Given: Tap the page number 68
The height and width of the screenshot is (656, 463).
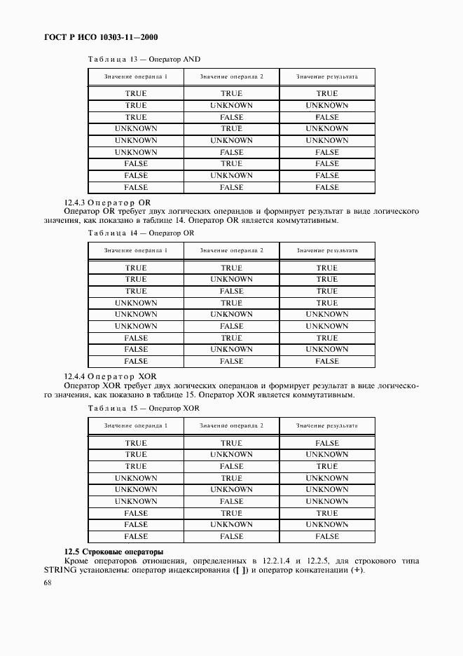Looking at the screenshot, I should (x=48, y=582).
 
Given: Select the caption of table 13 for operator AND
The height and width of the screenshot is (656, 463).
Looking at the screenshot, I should (x=143, y=60).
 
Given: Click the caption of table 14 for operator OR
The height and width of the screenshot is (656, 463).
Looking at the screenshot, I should (x=140, y=233).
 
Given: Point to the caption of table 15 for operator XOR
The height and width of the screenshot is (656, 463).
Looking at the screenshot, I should (x=143, y=408).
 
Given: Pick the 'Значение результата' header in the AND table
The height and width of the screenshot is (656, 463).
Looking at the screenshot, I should (x=326, y=76).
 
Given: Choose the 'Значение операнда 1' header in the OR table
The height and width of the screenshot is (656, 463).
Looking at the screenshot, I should (x=136, y=250).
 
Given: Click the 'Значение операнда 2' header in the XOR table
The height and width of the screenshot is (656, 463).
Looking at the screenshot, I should (x=231, y=425).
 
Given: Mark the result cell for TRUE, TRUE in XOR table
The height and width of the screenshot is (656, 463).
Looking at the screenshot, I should (x=326, y=443).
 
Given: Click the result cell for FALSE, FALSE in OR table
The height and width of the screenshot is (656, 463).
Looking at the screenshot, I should (x=326, y=361).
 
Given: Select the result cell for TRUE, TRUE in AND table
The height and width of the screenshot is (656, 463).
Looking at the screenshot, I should (x=326, y=93).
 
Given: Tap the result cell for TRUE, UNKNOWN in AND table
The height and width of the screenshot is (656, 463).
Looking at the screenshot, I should (x=326, y=105).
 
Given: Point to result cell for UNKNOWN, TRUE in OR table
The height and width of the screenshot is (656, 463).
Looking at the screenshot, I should (x=326, y=303).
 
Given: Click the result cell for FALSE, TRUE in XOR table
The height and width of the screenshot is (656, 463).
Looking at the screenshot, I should (x=326, y=513).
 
